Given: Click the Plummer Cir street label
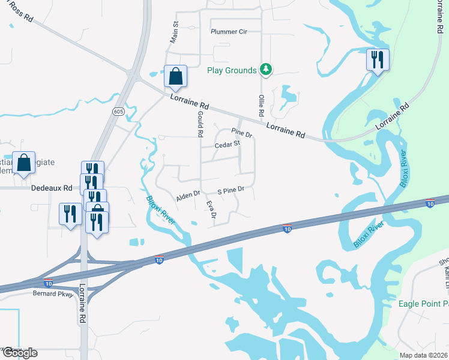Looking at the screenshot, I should tap(229, 31).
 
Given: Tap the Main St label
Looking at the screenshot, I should tap(176, 32).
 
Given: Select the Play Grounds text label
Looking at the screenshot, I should tap(232, 70).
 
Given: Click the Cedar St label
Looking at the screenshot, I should tap(228, 144).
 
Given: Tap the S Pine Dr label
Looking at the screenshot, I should tap(231, 190).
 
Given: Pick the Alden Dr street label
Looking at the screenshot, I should tap(187, 195).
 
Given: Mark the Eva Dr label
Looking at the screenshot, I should tap(211, 209).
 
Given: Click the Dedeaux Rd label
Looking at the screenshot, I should tap(51, 188).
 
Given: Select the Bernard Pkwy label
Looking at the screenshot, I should tap(53, 294).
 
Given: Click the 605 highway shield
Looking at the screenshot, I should tap(118, 111).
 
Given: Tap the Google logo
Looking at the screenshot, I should tap(19, 352).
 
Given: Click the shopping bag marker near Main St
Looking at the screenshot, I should tap(175, 77).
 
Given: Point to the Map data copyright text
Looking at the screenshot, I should tap(423, 355).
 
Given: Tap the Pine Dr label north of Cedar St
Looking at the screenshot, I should tap(242, 133).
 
